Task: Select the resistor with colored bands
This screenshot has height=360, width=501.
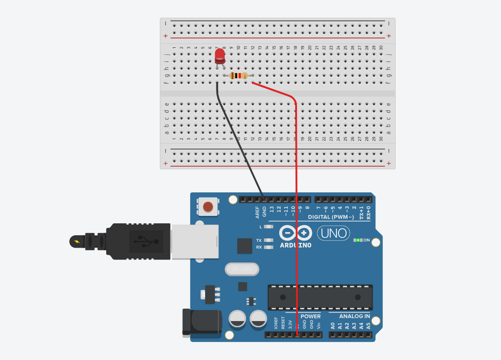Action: point(239,76)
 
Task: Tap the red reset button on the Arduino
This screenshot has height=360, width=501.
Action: point(208,207)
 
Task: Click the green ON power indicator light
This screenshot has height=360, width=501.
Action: point(358,240)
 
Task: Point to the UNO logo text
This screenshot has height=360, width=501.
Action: point(333,233)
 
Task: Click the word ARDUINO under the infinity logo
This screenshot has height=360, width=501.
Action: point(296,245)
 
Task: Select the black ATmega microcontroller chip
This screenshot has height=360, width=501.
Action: point(320,297)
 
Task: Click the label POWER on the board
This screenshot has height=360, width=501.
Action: point(311,316)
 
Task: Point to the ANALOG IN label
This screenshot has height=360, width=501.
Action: point(355,316)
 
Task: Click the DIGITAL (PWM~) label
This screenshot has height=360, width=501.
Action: point(331,217)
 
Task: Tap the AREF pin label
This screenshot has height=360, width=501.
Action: point(258,212)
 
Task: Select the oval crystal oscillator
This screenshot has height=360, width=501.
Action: point(242,269)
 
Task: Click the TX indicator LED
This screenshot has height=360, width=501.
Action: point(268,240)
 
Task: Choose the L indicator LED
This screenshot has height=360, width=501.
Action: point(268,227)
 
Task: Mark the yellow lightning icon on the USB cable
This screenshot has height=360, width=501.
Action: point(77,241)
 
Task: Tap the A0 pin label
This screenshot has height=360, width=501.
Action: point(333,326)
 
